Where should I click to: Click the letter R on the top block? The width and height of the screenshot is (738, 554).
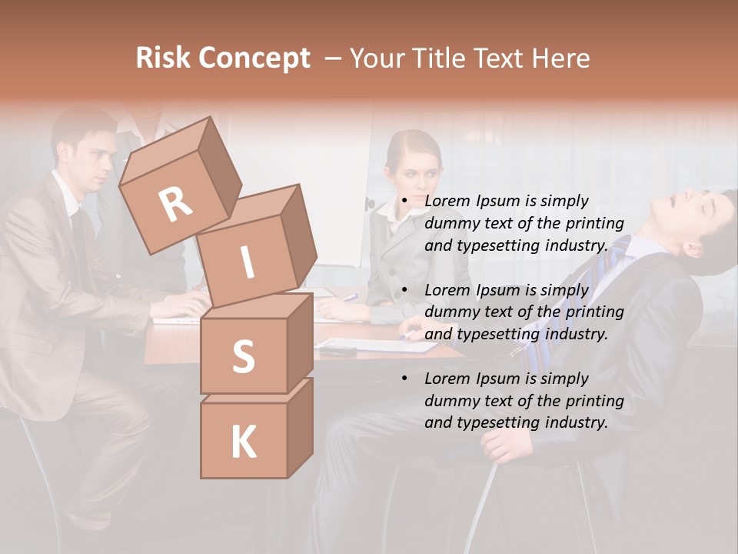(x=175, y=204)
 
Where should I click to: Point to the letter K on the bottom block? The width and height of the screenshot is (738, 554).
(x=243, y=442)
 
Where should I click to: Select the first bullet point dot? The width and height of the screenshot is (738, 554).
(x=404, y=202)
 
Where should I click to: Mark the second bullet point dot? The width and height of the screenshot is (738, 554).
(x=404, y=291)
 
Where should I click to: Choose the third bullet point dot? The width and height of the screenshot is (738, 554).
(x=404, y=379)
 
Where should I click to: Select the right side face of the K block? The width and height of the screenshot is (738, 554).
(x=300, y=427)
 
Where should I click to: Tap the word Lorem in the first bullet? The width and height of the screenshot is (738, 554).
(x=448, y=202)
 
